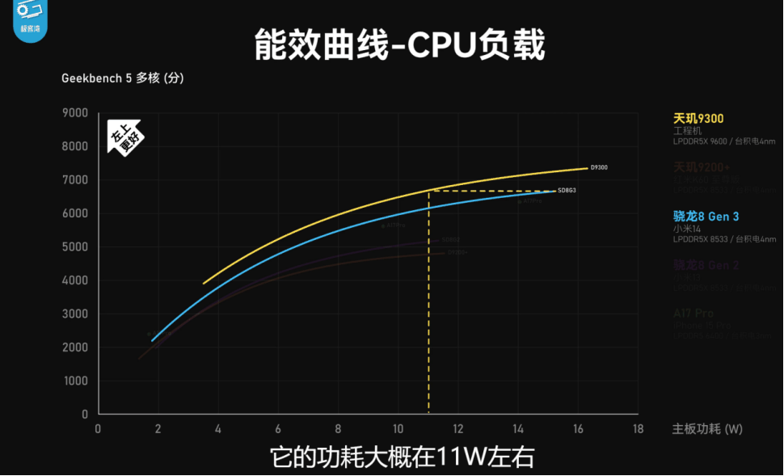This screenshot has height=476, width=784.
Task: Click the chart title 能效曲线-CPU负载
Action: tap(399, 44)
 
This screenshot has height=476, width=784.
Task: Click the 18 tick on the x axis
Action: tap(638, 428)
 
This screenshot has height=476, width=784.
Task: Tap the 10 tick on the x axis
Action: tap(398, 428)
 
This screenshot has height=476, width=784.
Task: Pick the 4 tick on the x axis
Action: tap(218, 428)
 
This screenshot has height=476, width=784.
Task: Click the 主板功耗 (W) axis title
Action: tap(707, 428)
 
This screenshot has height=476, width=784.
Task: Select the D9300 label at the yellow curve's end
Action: tap(599, 167)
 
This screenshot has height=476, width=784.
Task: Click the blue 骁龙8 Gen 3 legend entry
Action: tap(706, 216)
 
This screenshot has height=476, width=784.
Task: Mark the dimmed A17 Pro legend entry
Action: tap(693, 314)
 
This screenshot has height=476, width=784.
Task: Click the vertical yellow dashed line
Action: tap(428, 307)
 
